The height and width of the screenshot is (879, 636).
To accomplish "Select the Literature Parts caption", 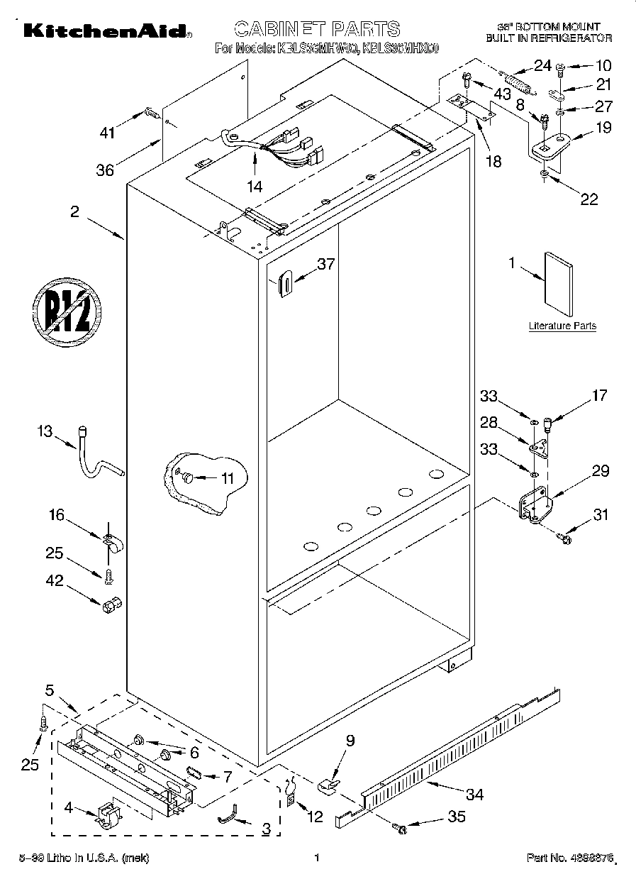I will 562,326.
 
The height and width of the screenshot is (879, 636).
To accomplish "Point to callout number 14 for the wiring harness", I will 254,187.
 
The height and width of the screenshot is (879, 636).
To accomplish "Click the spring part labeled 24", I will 517,81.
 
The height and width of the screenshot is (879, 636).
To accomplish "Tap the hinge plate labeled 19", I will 550,145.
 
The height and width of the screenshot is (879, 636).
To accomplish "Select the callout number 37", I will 325,264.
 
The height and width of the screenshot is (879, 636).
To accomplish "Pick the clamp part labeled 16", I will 111,542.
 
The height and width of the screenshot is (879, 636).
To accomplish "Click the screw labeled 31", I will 565,539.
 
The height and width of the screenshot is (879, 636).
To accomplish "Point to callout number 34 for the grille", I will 474,794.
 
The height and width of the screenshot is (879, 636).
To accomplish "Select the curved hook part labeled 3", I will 228,819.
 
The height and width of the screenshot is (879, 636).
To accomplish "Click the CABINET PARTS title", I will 316,29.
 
